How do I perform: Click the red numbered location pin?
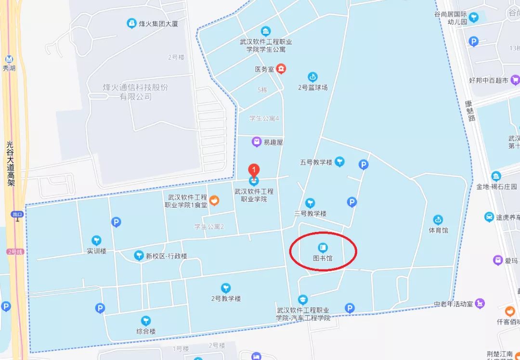[x=253, y=170]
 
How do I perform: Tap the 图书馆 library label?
[x=323, y=258]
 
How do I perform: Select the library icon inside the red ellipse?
[x=323, y=248]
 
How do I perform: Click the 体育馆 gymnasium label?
[x=438, y=230]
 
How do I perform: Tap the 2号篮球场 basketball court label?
[x=312, y=88]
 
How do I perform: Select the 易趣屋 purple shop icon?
[x=257, y=142]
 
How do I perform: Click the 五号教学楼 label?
[x=316, y=162]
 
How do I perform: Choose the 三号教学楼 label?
[x=311, y=213]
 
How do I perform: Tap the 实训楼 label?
[x=97, y=251]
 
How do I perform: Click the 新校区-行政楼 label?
[x=166, y=256]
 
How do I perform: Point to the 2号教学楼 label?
[x=226, y=298]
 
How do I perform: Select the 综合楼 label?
[x=146, y=331]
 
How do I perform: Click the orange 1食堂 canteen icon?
[x=215, y=199]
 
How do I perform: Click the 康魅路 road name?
[x=470, y=110]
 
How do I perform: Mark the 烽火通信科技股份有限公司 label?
[x=136, y=92]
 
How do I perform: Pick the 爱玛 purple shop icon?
[x=498, y=260]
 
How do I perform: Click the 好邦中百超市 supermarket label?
[x=489, y=80]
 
